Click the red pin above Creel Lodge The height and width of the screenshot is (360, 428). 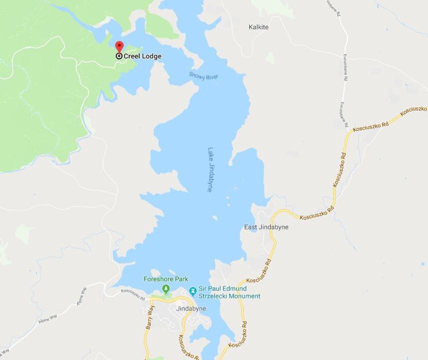pos(119,46)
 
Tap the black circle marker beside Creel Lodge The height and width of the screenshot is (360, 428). pos(119,56)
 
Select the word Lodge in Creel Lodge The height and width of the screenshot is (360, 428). pos(152,56)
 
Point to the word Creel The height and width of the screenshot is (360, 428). pos(133,56)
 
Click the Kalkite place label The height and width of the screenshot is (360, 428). pos(258,27)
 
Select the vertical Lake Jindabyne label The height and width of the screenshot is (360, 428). pos(211,169)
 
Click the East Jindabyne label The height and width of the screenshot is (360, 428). pos(266,227)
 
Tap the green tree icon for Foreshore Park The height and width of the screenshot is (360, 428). pos(166,289)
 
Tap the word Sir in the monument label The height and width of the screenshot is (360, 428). pos(203,288)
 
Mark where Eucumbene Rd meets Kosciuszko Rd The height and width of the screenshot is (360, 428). pos(346,131)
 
